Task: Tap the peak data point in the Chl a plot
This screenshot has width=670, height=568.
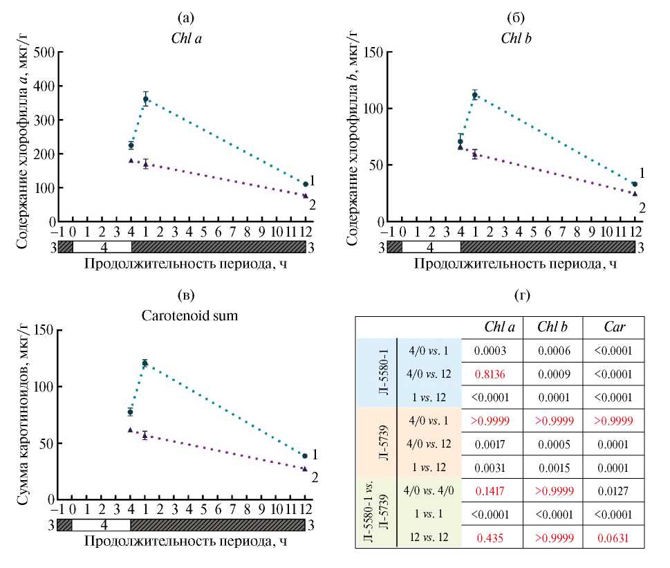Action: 146,99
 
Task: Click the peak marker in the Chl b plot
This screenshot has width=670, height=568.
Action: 475,95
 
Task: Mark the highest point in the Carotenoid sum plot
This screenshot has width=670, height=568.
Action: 145,363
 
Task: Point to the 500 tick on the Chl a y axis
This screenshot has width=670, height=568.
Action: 45,52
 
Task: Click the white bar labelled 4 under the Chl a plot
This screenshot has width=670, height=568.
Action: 102,246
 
